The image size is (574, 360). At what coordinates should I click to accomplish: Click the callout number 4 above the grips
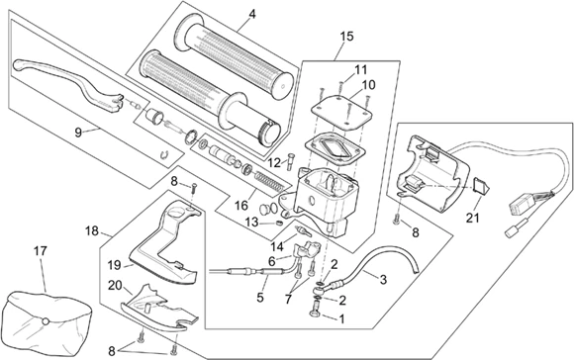click(251, 14)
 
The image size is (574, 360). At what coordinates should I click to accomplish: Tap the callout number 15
click(345, 37)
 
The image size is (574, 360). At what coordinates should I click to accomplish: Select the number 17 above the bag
click(42, 251)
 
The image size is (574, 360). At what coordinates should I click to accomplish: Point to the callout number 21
click(472, 218)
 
